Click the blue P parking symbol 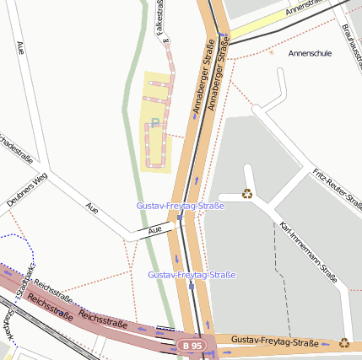154,123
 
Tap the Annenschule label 310,52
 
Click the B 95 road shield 192,346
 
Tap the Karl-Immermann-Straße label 308,252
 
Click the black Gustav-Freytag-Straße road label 275,342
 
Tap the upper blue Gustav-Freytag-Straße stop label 180,206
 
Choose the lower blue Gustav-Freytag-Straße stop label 191,275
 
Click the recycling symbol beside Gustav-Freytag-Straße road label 343,342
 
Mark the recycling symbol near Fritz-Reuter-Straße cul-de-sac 246,193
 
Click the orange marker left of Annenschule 271,53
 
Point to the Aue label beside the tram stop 154,230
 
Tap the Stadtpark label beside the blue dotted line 29,278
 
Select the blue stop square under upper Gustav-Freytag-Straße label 180,218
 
